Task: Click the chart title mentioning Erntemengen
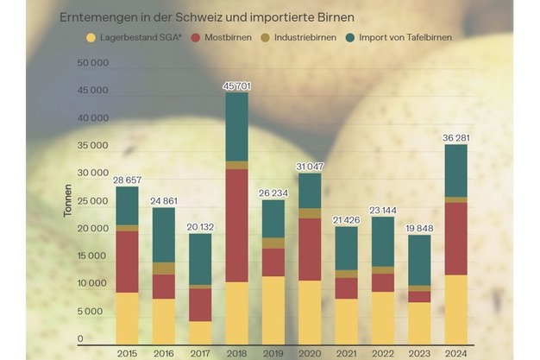[206, 17]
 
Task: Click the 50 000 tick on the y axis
[92, 63]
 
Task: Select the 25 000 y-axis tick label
[92, 201]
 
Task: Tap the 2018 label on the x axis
[236, 352]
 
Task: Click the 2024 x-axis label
[455, 352]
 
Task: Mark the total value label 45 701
[236, 85]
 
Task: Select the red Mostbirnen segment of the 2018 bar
[236, 225]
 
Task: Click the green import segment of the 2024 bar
[455, 171]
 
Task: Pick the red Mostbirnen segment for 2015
[128, 261]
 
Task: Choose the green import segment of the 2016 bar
[164, 235]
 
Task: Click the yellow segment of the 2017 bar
[200, 332]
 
